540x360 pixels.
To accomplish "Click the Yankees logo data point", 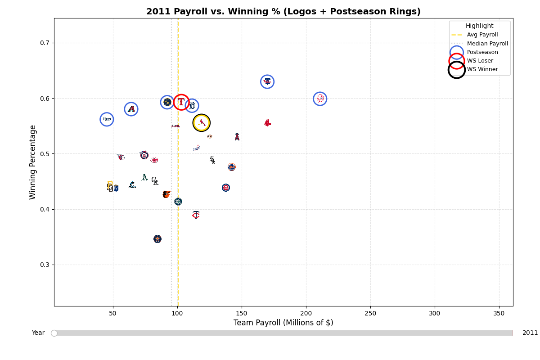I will (320, 99).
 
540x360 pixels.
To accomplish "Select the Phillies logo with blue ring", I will (267, 81).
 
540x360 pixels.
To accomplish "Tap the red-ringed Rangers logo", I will (181, 102).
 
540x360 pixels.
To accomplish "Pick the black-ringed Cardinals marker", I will (201, 122).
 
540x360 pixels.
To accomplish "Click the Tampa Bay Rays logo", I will (107, 119).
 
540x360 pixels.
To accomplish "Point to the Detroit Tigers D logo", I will (192, 106).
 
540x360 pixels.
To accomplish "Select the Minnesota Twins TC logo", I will (196, 215).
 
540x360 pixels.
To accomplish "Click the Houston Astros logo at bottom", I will (157, 239).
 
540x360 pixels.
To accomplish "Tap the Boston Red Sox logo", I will (267, 123).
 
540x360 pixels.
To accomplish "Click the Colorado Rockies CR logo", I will (155, 181).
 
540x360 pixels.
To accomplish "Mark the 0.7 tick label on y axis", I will (45, 43).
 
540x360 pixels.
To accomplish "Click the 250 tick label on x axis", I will (370, 313).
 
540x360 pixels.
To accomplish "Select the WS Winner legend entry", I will (482, 69).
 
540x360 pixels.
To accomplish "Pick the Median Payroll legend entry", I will (487, 44).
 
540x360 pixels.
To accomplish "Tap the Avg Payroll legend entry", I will (482, 35).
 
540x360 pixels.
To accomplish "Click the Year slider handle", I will (54, 333).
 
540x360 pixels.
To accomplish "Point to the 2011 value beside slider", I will (530, 333).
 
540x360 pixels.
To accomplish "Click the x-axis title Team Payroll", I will (283, 323).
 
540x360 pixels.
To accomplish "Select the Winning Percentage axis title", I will (33, 162).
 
